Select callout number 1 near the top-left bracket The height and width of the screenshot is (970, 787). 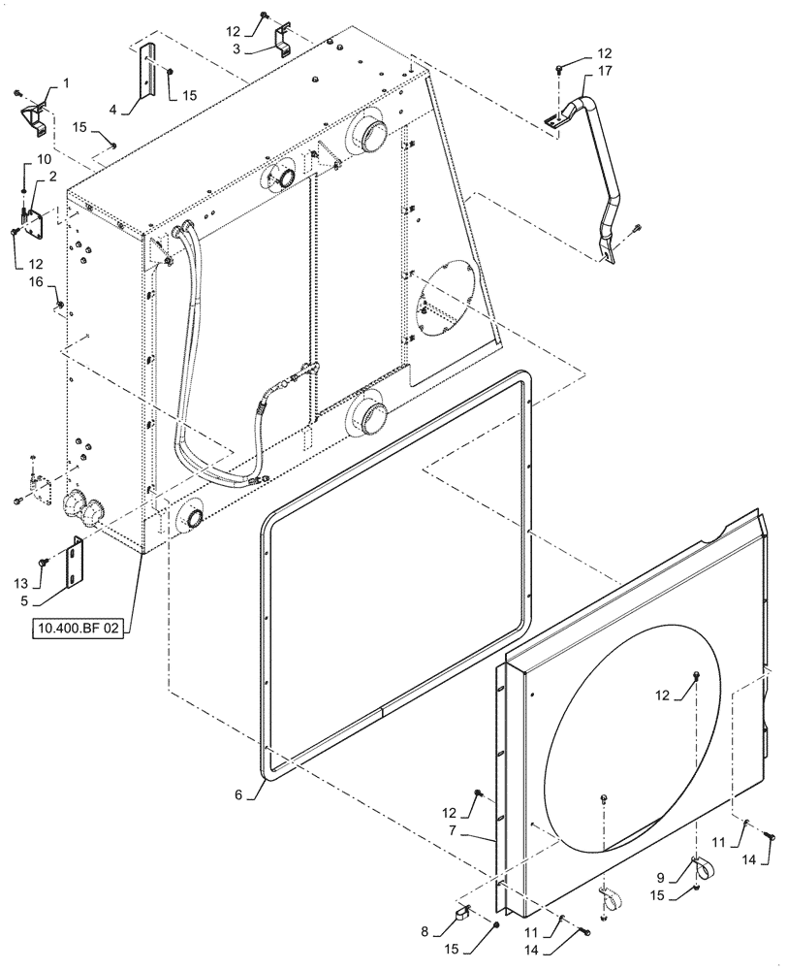coord(66,85)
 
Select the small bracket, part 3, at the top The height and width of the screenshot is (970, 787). coord(281,43)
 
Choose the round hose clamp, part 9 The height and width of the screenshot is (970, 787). coord(703,865)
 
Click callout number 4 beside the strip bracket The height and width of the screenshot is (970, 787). coord(113,110)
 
